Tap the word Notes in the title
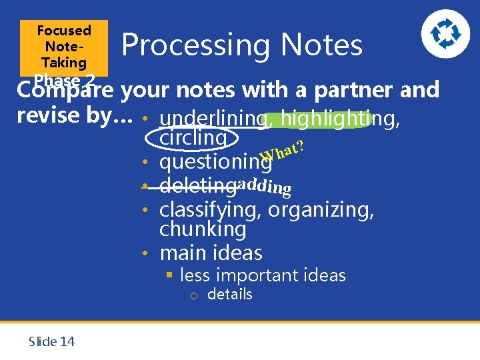pyautogui.click(x=322, y=45)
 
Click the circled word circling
pyautogui.click(x=193, y=138)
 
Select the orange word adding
pyautogui.click(x=265, y=187)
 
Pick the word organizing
pyautogui.click(x=321, y=210)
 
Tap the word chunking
pyautogui.click(x=203, y=229)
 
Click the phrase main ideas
pyautogui.click(x=211, y=253)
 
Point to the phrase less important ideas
pyautogui.click(x=263, y=275)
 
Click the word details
pyautogui.click(x=229, y=294)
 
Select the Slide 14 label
pyautogui.click(x=51, y=341)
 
